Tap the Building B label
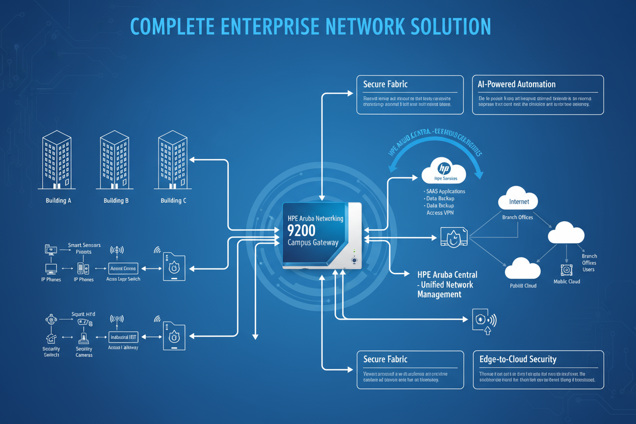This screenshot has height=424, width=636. pos(116,201)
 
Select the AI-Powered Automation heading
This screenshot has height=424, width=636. pos(516,84)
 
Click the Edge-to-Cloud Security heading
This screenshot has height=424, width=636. pos(518,359)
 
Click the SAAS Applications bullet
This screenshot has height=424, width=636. pos(444,192)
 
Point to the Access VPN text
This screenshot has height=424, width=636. pos(440,213)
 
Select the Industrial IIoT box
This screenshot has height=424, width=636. pos(123,337)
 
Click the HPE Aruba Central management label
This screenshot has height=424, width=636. pos(446,284)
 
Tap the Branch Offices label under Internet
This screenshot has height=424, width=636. pos(517,218)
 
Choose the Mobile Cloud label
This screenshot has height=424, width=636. pos(567,281)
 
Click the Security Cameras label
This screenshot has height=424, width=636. pos(84,352)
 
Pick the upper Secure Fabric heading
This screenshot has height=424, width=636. pos(385,84)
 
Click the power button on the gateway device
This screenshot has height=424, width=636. pos(354,260)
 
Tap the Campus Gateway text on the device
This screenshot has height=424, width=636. pos(312,243)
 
